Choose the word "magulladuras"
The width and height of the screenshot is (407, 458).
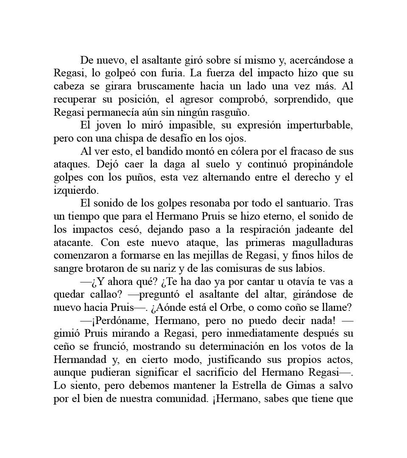[x=323, y=243]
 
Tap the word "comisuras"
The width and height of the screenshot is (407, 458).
[x=252, y=269]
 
